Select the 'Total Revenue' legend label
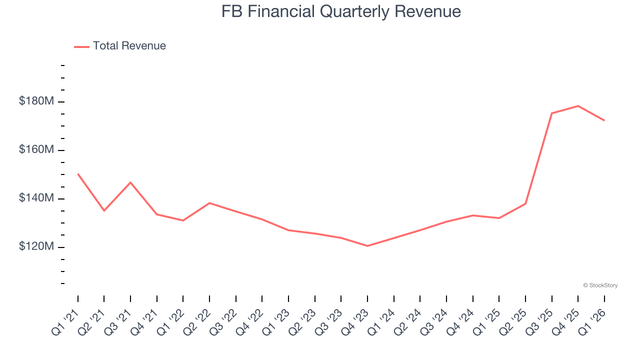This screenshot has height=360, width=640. pos(129,46)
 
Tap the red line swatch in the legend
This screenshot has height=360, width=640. pos(81,46)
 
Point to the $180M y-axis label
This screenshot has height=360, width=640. pos(36,101)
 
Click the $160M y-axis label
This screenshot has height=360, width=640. pos(36,150)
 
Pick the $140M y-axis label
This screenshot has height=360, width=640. pos(36,198)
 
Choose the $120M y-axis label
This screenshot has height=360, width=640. pos(36,247)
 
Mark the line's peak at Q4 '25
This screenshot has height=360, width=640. pos(578,106)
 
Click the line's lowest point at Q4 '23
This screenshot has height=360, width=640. pos(367,246)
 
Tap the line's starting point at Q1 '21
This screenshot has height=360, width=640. pos(78,174)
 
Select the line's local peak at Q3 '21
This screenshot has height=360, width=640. pos(130,182)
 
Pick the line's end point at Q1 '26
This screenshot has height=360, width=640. pos(604,120)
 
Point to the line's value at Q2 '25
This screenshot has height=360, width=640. pos(525,203)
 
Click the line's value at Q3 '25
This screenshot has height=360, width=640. pos(551,113)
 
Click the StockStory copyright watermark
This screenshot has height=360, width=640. pos(600,285)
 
